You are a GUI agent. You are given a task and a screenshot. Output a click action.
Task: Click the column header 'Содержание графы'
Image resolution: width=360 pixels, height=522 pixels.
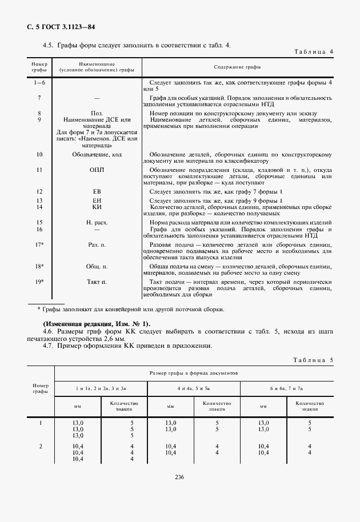tap(237, 67)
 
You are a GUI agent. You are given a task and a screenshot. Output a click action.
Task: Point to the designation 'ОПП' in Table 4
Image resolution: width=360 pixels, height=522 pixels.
tap(97, 170)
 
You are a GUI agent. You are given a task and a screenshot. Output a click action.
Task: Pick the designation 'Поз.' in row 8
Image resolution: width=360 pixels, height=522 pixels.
tap(97, 113)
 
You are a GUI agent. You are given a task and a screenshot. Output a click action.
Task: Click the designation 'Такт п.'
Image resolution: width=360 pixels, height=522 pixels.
tap(97, 282)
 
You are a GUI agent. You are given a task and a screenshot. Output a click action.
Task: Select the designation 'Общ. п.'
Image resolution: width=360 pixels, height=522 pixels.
tap(97, 266)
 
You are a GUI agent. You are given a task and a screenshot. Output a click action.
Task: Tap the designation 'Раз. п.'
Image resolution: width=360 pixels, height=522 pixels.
tap(97, 244)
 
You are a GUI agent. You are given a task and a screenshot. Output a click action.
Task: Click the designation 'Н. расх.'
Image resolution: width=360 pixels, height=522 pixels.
tap(97, 222)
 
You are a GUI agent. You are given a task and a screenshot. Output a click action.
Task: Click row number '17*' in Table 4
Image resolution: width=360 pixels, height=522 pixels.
tap(39, 244)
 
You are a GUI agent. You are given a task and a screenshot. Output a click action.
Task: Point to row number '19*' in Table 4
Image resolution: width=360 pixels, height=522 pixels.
tap(39, 282)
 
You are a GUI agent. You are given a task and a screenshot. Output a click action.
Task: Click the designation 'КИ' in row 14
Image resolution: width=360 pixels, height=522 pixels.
tap(97, 207)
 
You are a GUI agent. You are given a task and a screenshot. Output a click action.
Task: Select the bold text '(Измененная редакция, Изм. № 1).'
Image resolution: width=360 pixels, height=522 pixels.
tap(88, 324)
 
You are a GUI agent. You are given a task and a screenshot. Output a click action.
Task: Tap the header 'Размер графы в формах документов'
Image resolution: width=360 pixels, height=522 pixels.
tap(194, 372)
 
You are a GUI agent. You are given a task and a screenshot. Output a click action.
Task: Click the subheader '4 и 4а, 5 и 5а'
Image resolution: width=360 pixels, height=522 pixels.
tap(193, 388)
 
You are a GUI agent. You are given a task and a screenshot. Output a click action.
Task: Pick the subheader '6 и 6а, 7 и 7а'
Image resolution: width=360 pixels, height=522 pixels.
tap(287, 388)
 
